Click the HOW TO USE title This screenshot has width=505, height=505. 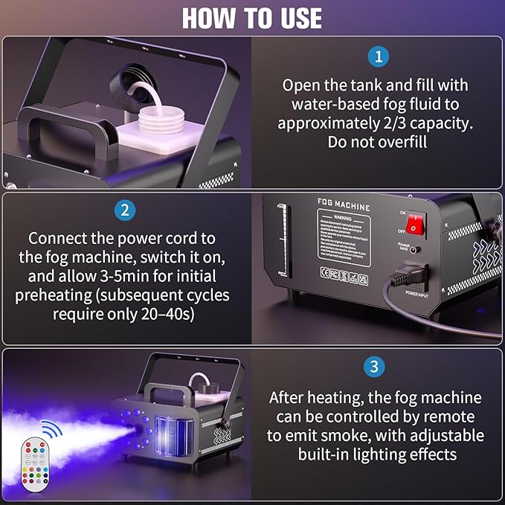click(x=252, y=17)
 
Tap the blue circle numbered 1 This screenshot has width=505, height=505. click(x=378, y=57)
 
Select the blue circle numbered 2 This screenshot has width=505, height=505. click(x=125, y=210)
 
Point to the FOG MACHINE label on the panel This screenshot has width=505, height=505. click(x=343, y=202)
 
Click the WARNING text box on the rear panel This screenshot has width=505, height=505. click(x=343, y=239)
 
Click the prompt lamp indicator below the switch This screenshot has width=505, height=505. click(x=411, y=251)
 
